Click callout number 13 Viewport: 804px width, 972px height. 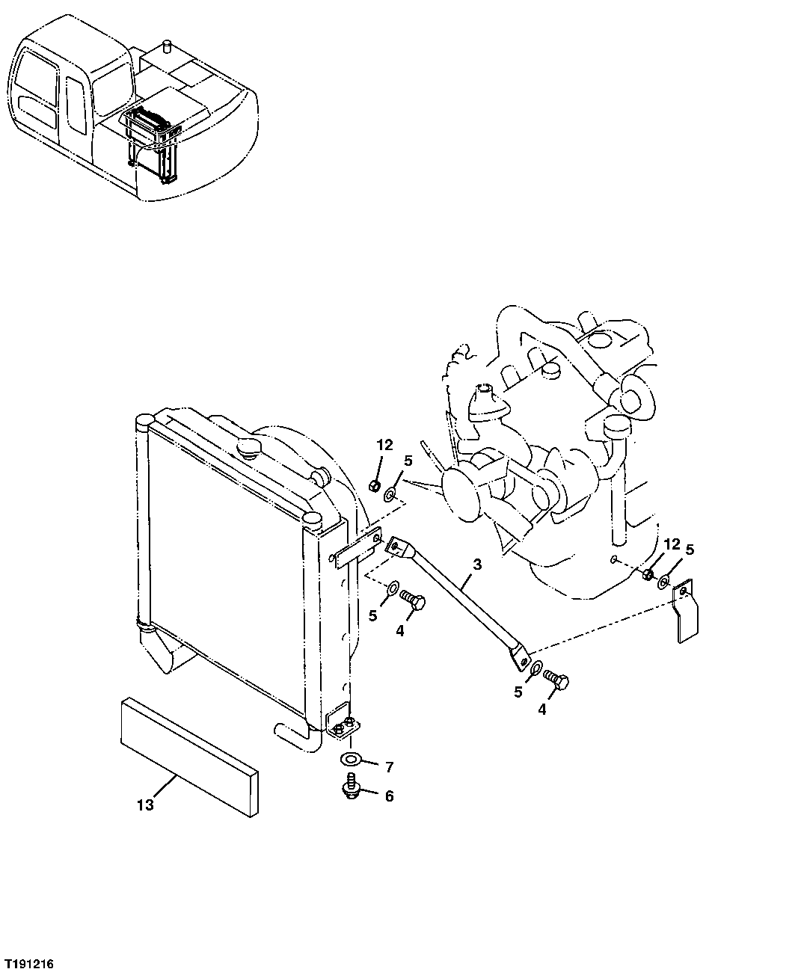click(x=145, y=805)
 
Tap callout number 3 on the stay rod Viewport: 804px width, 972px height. click(x=476, y=565)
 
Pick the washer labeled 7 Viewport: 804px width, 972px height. click(x=351, y=760)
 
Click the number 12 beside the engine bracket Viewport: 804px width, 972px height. click(x=672, y=544)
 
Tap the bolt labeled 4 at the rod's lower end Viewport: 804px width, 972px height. click(x=557, y=680)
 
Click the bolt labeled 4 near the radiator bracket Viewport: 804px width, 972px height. click(x=413, y=600)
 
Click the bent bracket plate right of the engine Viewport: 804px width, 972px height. click(x=686, y=611)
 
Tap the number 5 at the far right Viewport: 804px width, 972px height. click(x=690, y=550)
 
